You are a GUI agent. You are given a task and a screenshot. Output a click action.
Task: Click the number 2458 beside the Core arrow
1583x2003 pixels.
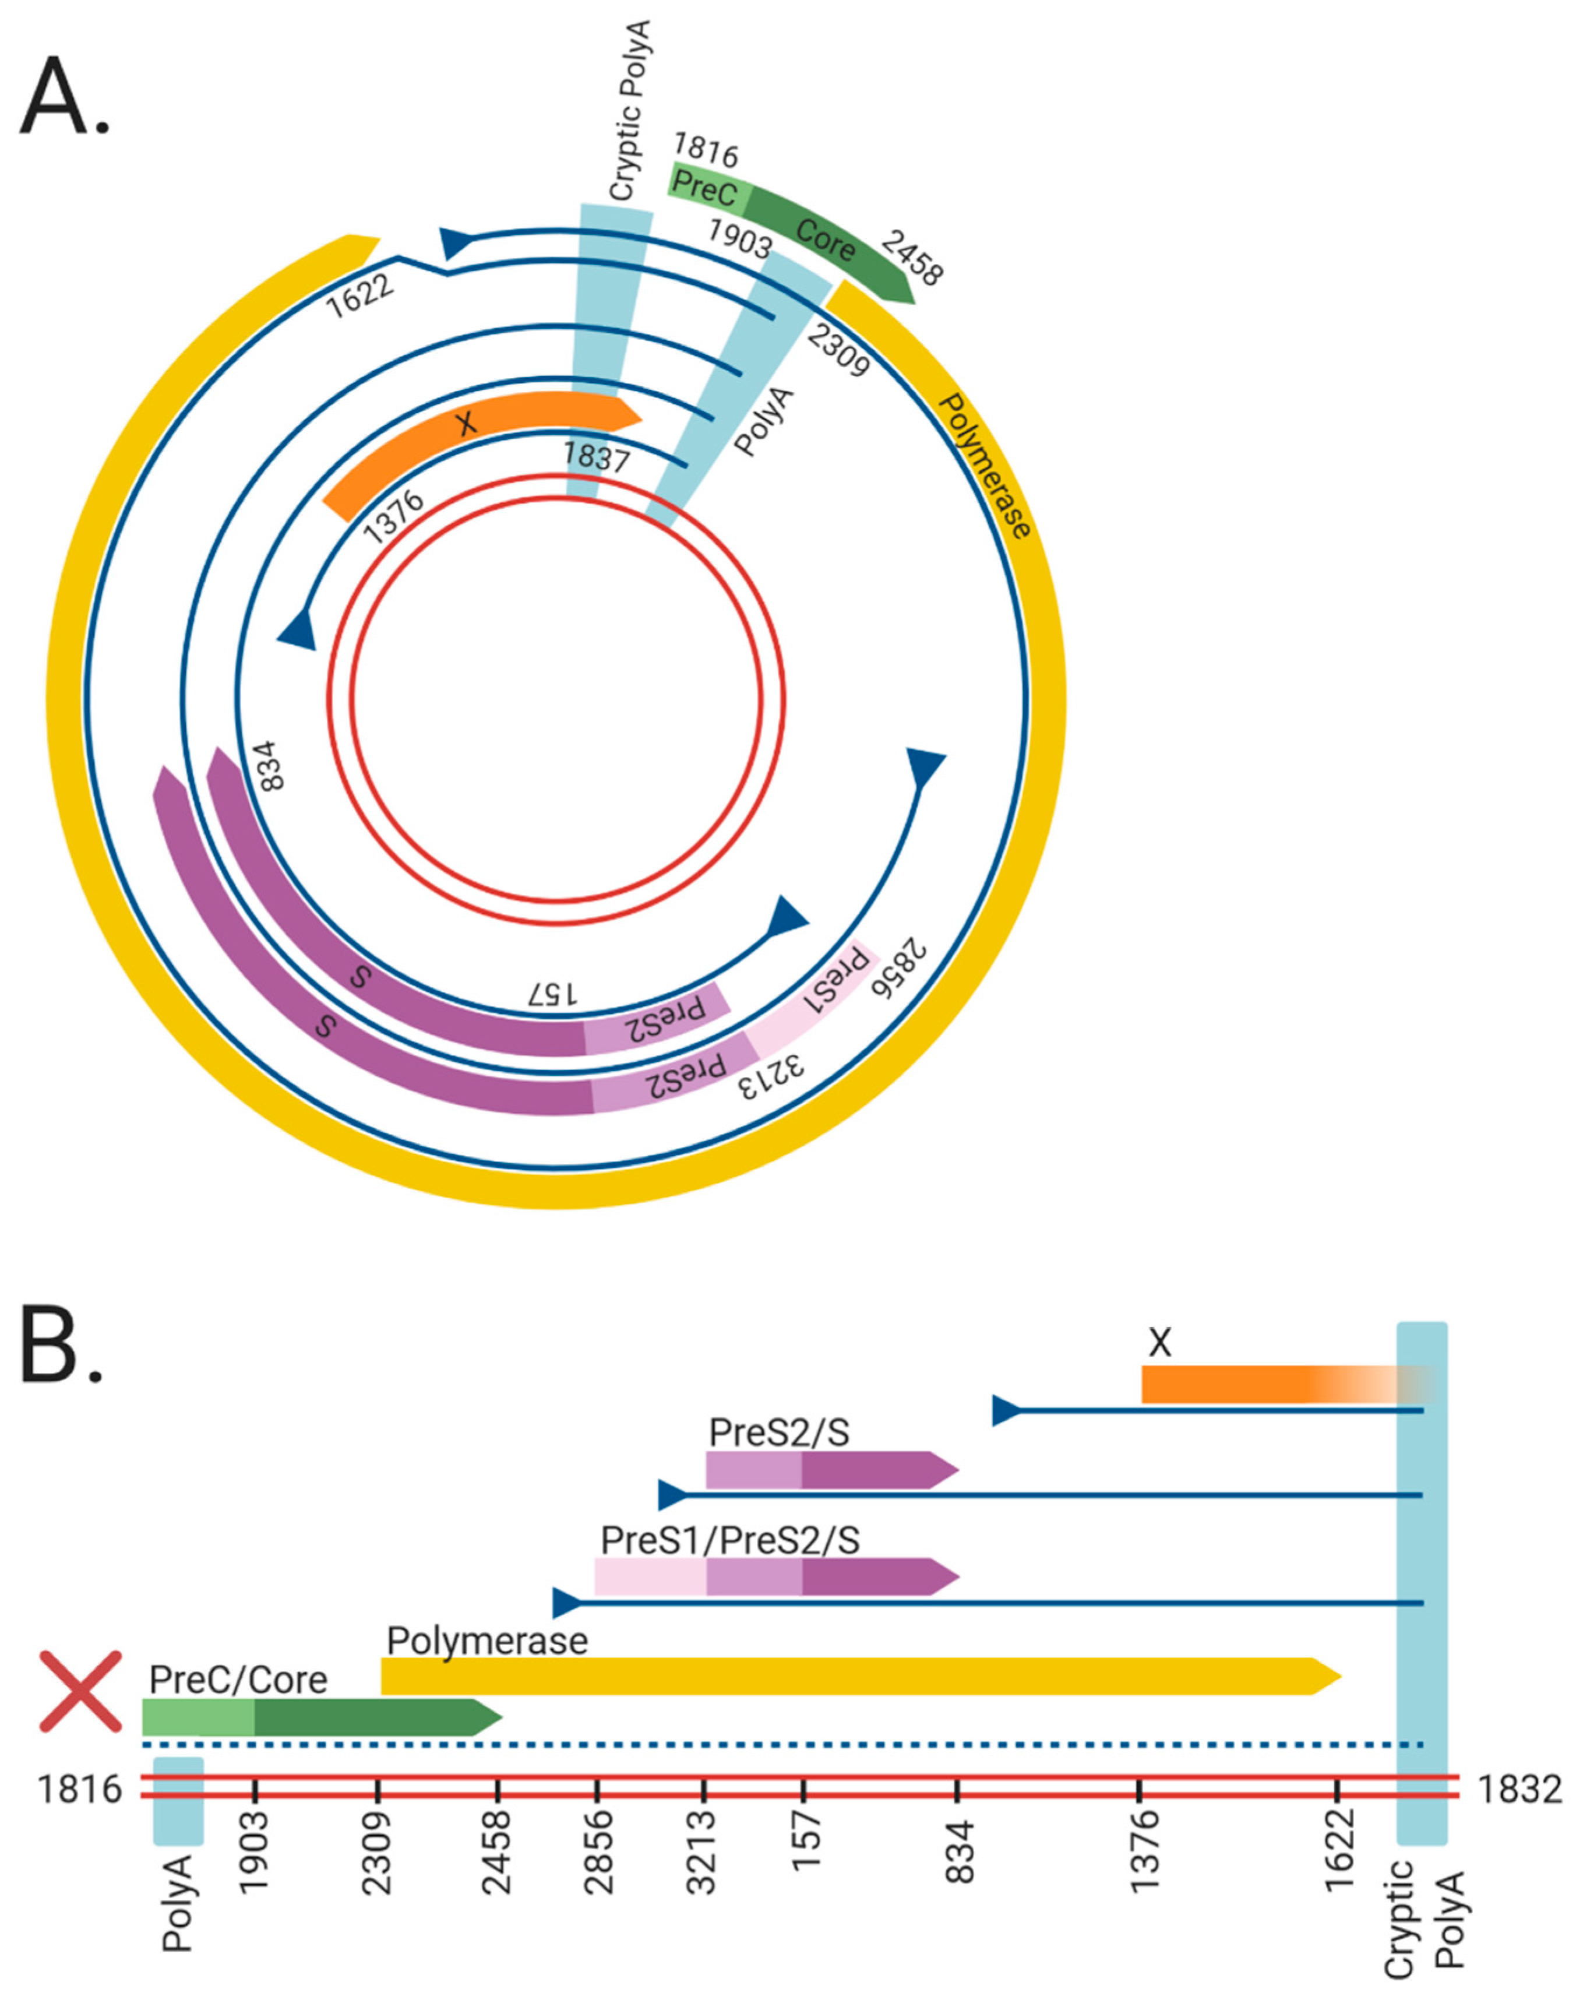point(912,259)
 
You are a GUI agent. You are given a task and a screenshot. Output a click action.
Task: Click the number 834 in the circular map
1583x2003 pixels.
point(268,765)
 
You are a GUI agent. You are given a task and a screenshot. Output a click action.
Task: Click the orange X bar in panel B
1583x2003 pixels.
point(1233,1385)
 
